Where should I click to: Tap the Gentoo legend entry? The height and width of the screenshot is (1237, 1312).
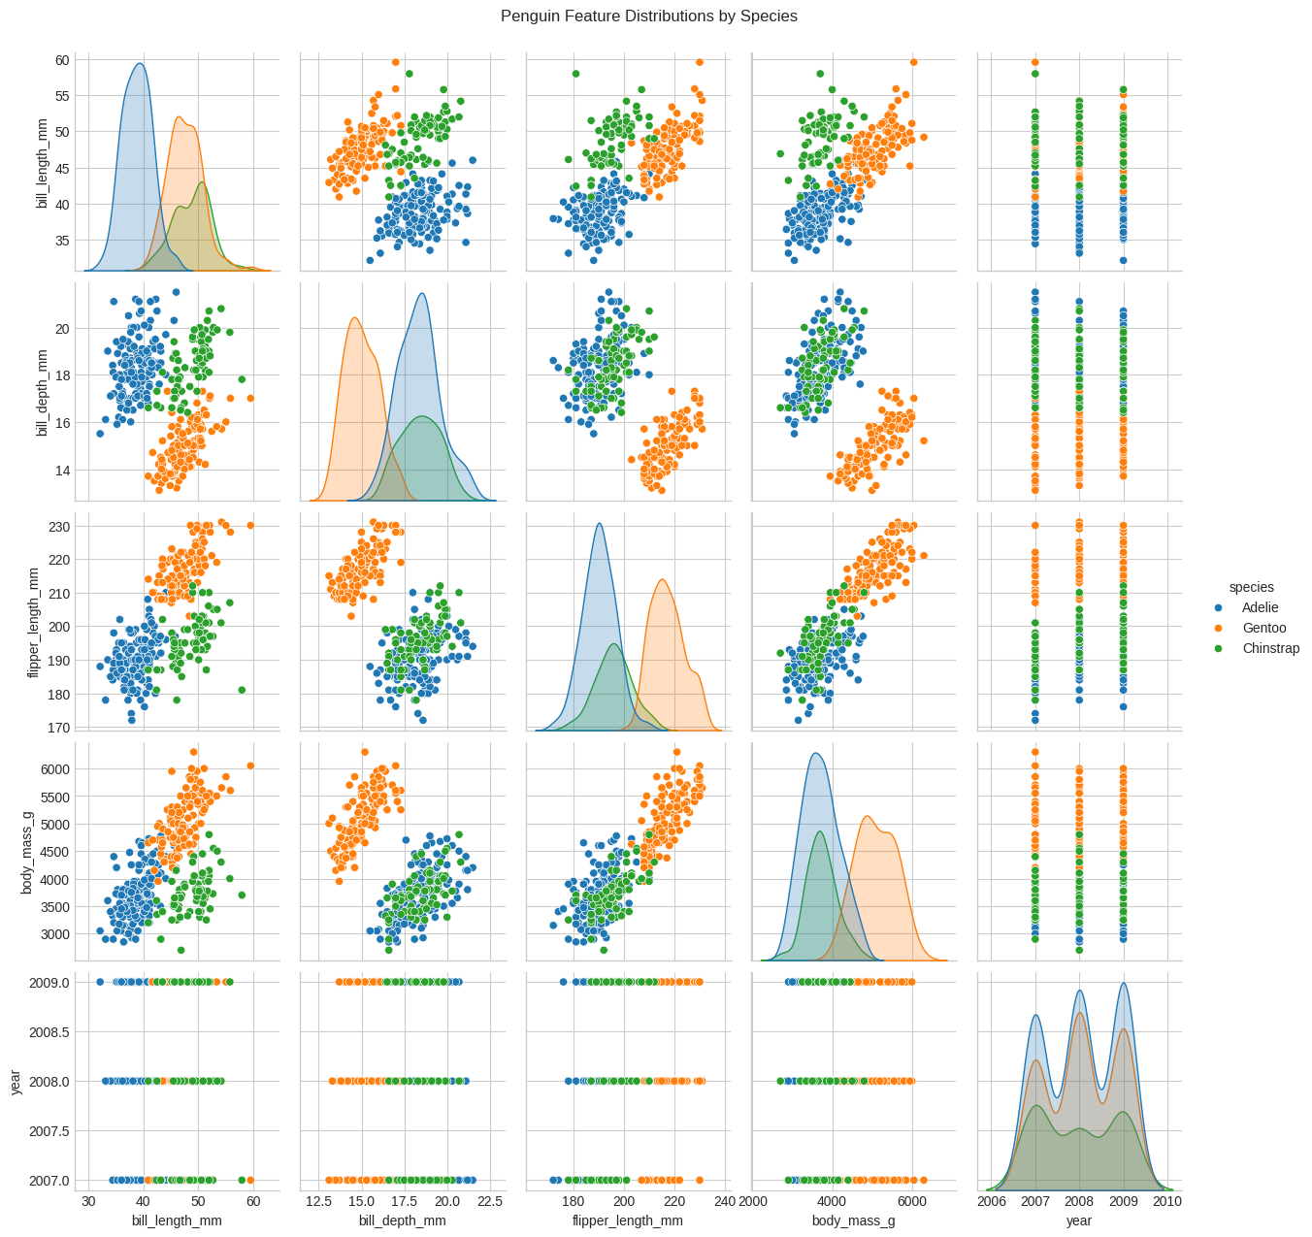(1263, 628)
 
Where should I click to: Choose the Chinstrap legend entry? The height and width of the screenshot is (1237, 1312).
(1270, 648)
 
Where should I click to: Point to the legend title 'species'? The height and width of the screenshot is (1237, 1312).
(1251, 587)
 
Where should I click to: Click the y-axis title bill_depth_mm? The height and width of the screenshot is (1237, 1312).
(41, 392)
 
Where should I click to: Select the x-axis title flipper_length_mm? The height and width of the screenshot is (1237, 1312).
(627, 1221)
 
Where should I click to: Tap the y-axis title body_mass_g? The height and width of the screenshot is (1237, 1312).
(27, 852)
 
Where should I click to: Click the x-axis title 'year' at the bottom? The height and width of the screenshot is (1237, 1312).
(1078, 1221)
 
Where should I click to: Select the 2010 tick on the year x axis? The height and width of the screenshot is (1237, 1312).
(1167, 1201)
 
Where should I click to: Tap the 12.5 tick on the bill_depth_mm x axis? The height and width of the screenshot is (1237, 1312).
(319, 1201)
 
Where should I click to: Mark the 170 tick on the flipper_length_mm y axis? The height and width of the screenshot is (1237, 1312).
(59, 727)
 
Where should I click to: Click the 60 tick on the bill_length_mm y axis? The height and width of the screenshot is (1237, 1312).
(62, 59)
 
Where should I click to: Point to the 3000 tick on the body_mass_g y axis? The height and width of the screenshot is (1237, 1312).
(54, 934)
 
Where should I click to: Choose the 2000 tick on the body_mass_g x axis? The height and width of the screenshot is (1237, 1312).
(754, 1201)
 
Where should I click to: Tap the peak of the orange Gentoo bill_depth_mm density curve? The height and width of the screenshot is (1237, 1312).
(355, 318)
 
